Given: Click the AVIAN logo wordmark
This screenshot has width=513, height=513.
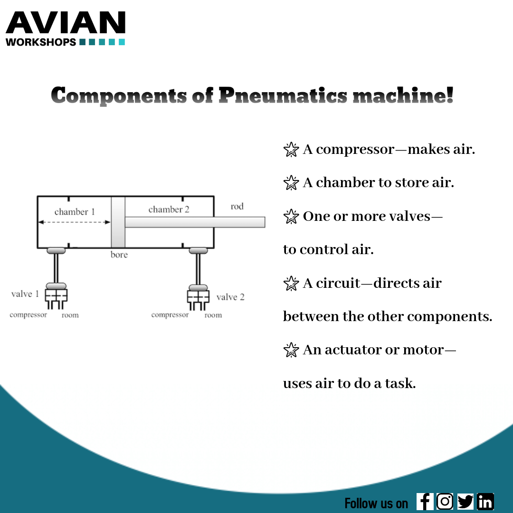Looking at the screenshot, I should pos(66,23).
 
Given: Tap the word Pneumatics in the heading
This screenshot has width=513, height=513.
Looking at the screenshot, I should pos(283,95).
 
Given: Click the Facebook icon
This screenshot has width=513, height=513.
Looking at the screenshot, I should pos(425,502).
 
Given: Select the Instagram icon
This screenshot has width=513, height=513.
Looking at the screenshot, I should pos(445,502).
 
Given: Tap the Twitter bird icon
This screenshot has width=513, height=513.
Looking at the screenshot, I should pos(465,502).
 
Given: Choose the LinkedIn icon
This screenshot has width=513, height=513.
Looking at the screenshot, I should pos(485,502).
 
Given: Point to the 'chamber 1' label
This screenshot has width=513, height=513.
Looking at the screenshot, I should pos(75,212).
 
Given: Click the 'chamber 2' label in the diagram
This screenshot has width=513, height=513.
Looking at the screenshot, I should pos(169,209).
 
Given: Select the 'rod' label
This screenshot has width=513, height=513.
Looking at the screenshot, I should pos(237,206).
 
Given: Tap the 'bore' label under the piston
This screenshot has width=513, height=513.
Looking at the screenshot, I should pos(119,255).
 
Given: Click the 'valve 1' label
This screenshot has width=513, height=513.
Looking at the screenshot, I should pos(25,294).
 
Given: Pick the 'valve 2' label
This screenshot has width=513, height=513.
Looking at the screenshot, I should pos(230,297).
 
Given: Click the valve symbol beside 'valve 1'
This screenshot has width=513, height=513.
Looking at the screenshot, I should pos(56,295).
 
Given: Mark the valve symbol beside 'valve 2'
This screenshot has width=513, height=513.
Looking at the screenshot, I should pos(198,296).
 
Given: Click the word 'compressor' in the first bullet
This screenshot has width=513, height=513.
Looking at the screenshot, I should pos(355,150).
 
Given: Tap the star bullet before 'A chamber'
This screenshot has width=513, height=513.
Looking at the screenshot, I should pos(290,183).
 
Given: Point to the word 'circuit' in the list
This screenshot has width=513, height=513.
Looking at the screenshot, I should pos(342,283).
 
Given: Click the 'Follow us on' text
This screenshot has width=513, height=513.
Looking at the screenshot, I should pos(376,503).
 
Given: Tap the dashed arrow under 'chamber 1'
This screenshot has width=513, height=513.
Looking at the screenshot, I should pos(74,222).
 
